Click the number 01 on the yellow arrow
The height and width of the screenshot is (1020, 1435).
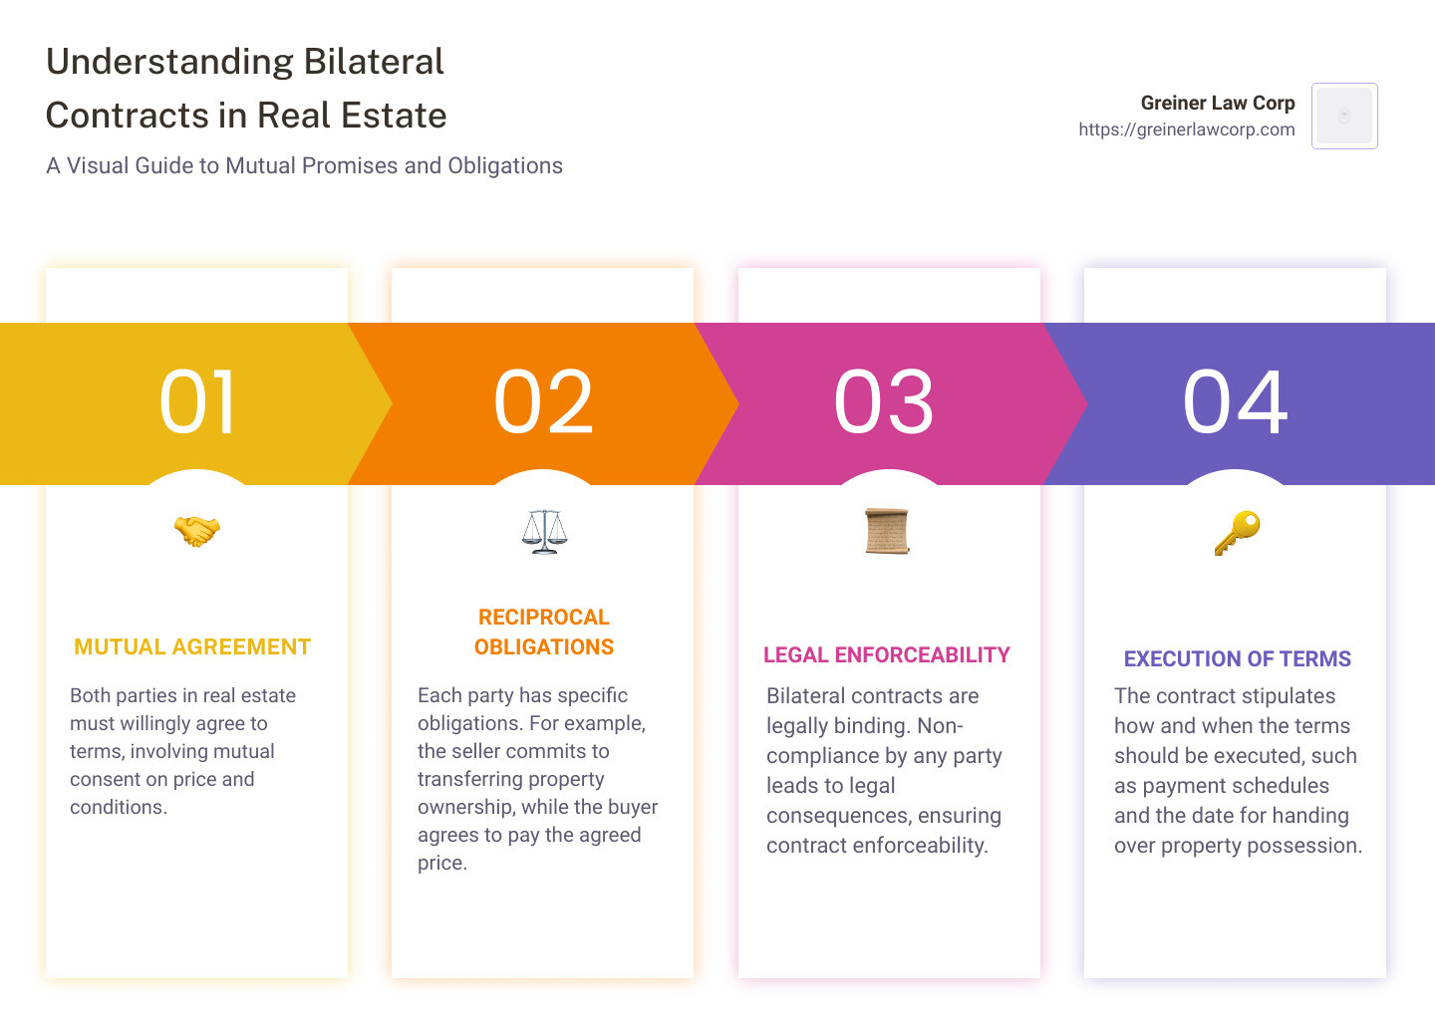(x=197, y=402)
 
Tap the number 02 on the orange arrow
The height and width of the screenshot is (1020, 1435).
(x=543, y=402)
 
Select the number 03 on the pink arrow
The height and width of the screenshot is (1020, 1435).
(x=884, y=402)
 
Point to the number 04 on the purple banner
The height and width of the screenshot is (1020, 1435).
(x=1235, y=402)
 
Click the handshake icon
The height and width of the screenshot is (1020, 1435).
(x=196, y=531)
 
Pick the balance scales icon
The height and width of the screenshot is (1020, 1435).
(x=544, y=531)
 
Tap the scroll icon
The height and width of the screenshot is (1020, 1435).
(x=887, y=531)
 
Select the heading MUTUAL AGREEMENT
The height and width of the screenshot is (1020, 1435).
(x=192, y=647)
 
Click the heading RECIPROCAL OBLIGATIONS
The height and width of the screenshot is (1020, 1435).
(x=544, y=633)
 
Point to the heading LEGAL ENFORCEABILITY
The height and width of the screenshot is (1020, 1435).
(x=887, y=655)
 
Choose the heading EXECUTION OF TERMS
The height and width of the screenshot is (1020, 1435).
(x=1237, y=659)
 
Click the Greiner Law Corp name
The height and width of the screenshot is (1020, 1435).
(x=1217, y=103)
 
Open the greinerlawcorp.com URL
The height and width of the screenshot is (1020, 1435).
(x=1186, y=129)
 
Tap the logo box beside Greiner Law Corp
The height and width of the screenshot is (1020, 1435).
(x=1344, y=116)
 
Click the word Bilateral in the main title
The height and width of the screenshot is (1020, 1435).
(x=374, y=62)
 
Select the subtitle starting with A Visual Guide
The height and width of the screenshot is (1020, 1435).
(x=304, y=165)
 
